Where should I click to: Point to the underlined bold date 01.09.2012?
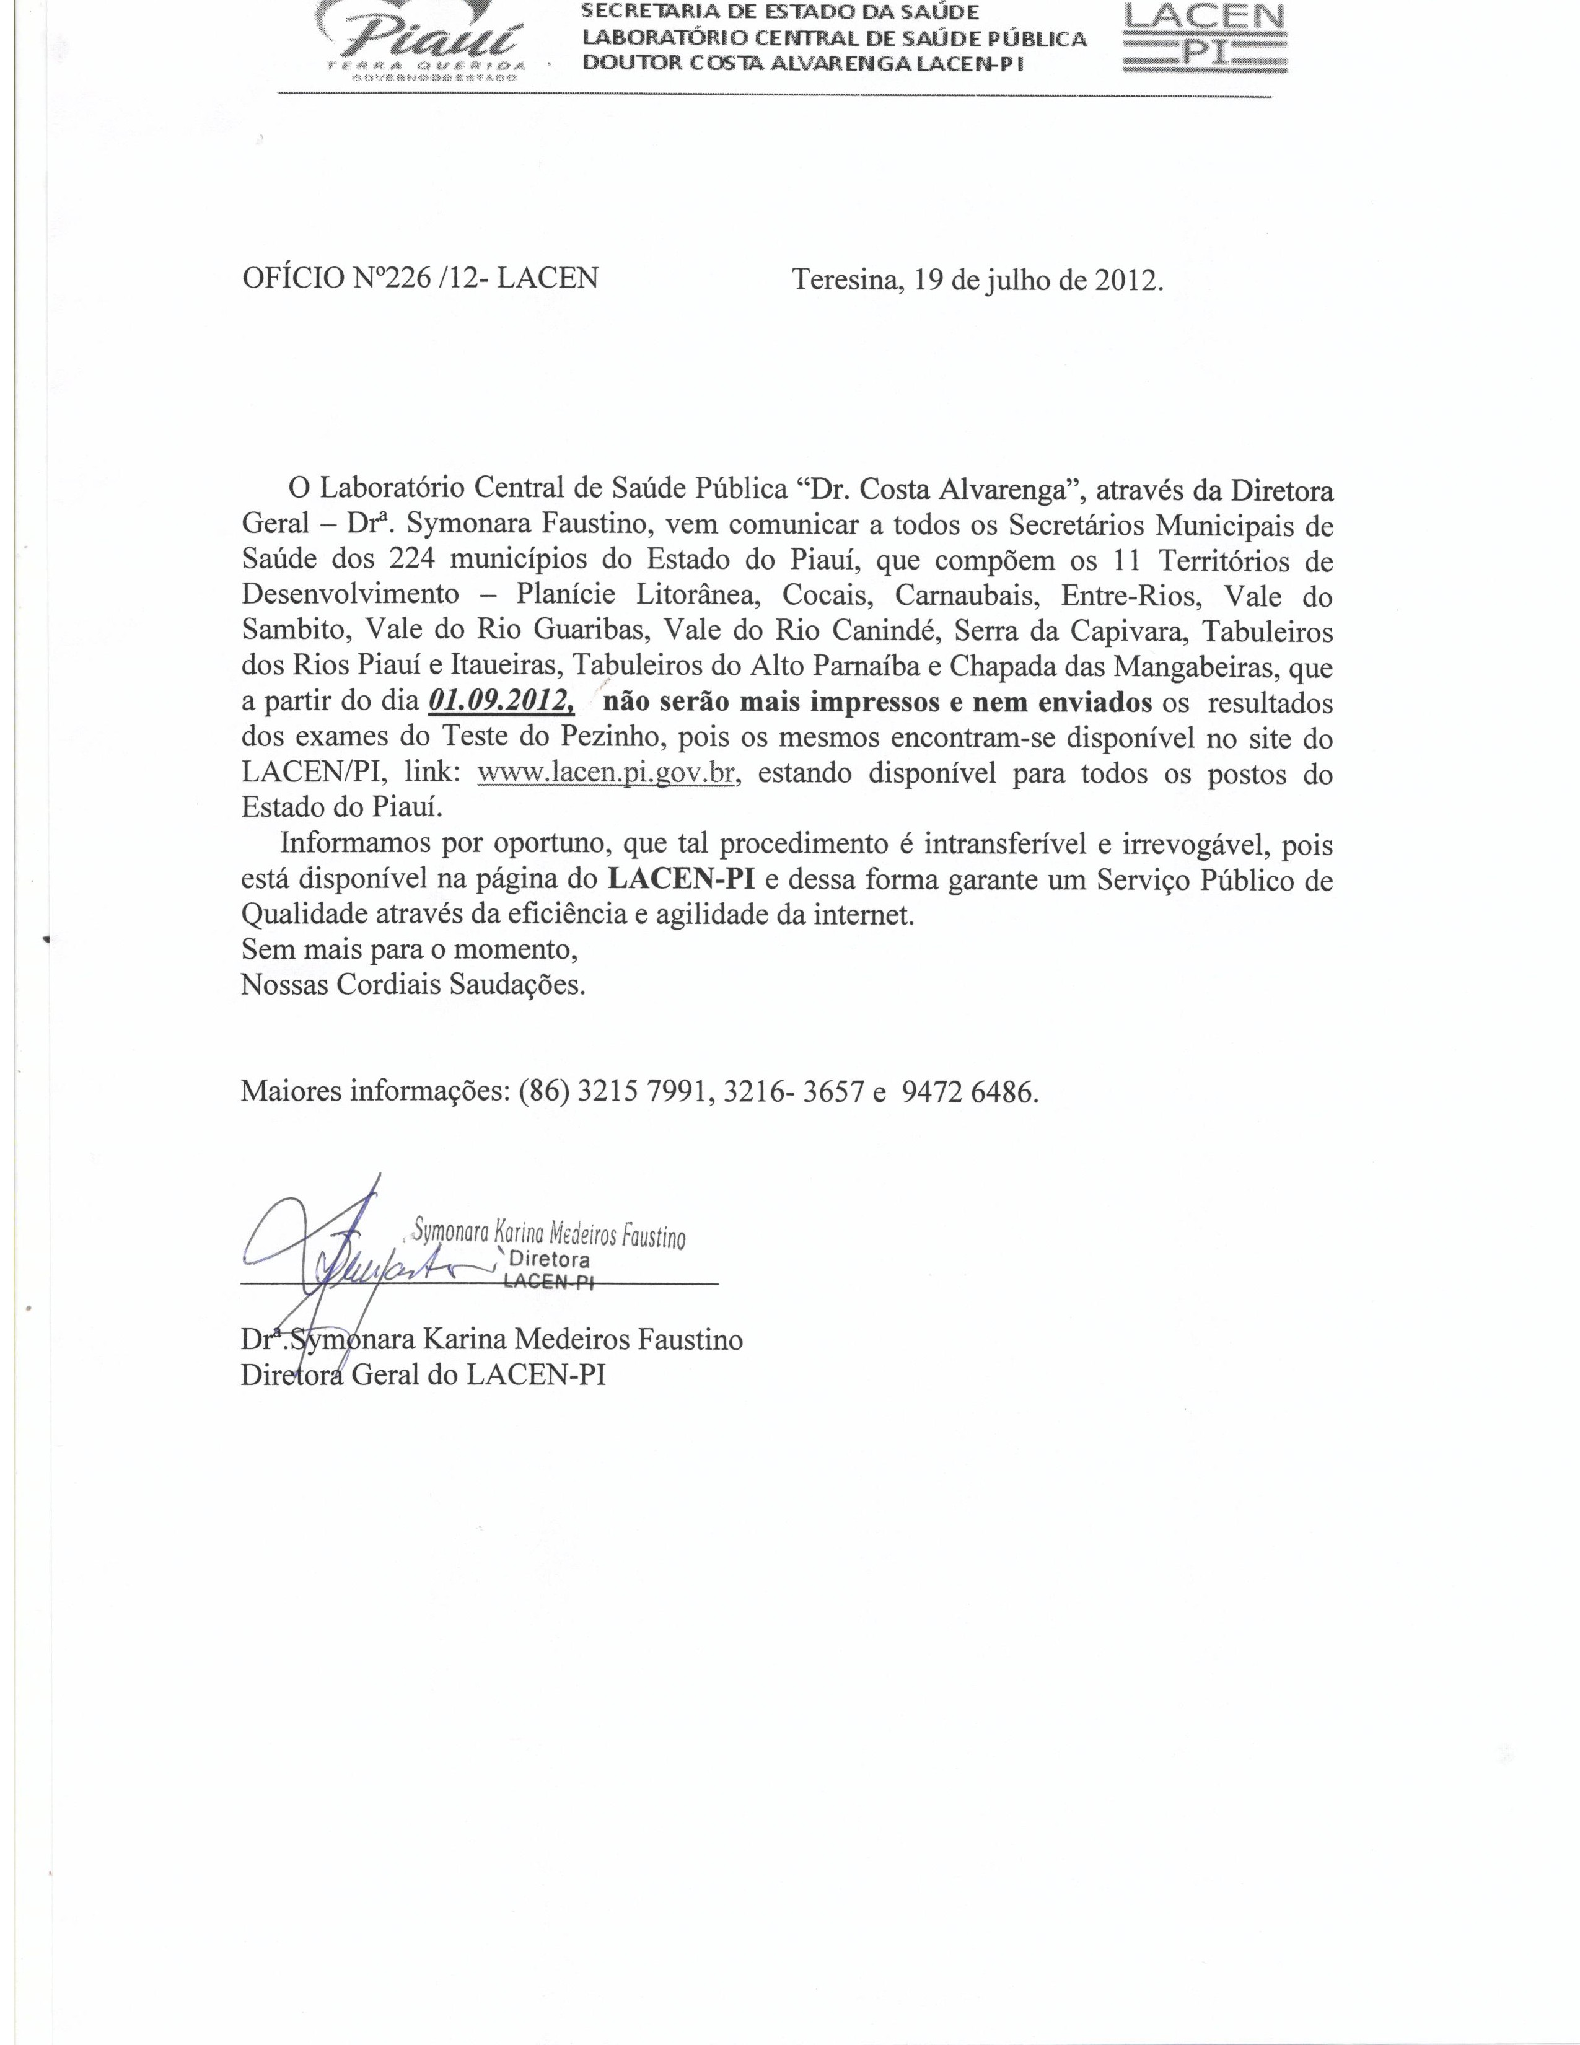501,702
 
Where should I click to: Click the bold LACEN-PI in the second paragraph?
680,880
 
